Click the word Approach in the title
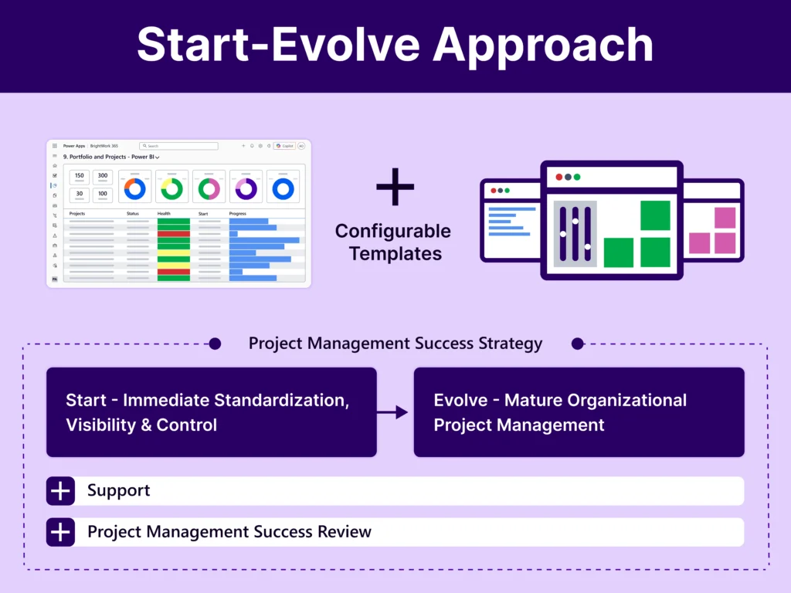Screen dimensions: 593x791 click(542, 46)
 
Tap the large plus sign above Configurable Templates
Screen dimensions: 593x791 click(395, 186)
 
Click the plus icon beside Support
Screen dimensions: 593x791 click(60, 491)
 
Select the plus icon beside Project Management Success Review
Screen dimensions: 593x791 click(60, 532)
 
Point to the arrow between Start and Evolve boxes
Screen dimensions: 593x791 click(395, 413)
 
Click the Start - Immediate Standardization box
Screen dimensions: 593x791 click(212, 412)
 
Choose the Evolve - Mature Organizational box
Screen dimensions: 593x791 click(579, 412)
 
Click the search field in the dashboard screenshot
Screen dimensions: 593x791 click(178, 146)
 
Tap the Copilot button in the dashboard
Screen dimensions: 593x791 click(284, 145)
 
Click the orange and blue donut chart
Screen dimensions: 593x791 click(134, 188)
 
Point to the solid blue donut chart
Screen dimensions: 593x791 click(283, 188)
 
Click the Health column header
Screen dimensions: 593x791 click(164, 213)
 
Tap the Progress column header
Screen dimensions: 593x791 click(238, 213)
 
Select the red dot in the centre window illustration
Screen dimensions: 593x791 click(559, 177)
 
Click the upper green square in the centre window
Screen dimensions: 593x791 click(655, 215)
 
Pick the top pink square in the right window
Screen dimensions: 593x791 click(725, 218)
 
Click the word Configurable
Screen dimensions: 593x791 click(393, 231)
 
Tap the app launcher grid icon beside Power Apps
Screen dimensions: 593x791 click(55, 145)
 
